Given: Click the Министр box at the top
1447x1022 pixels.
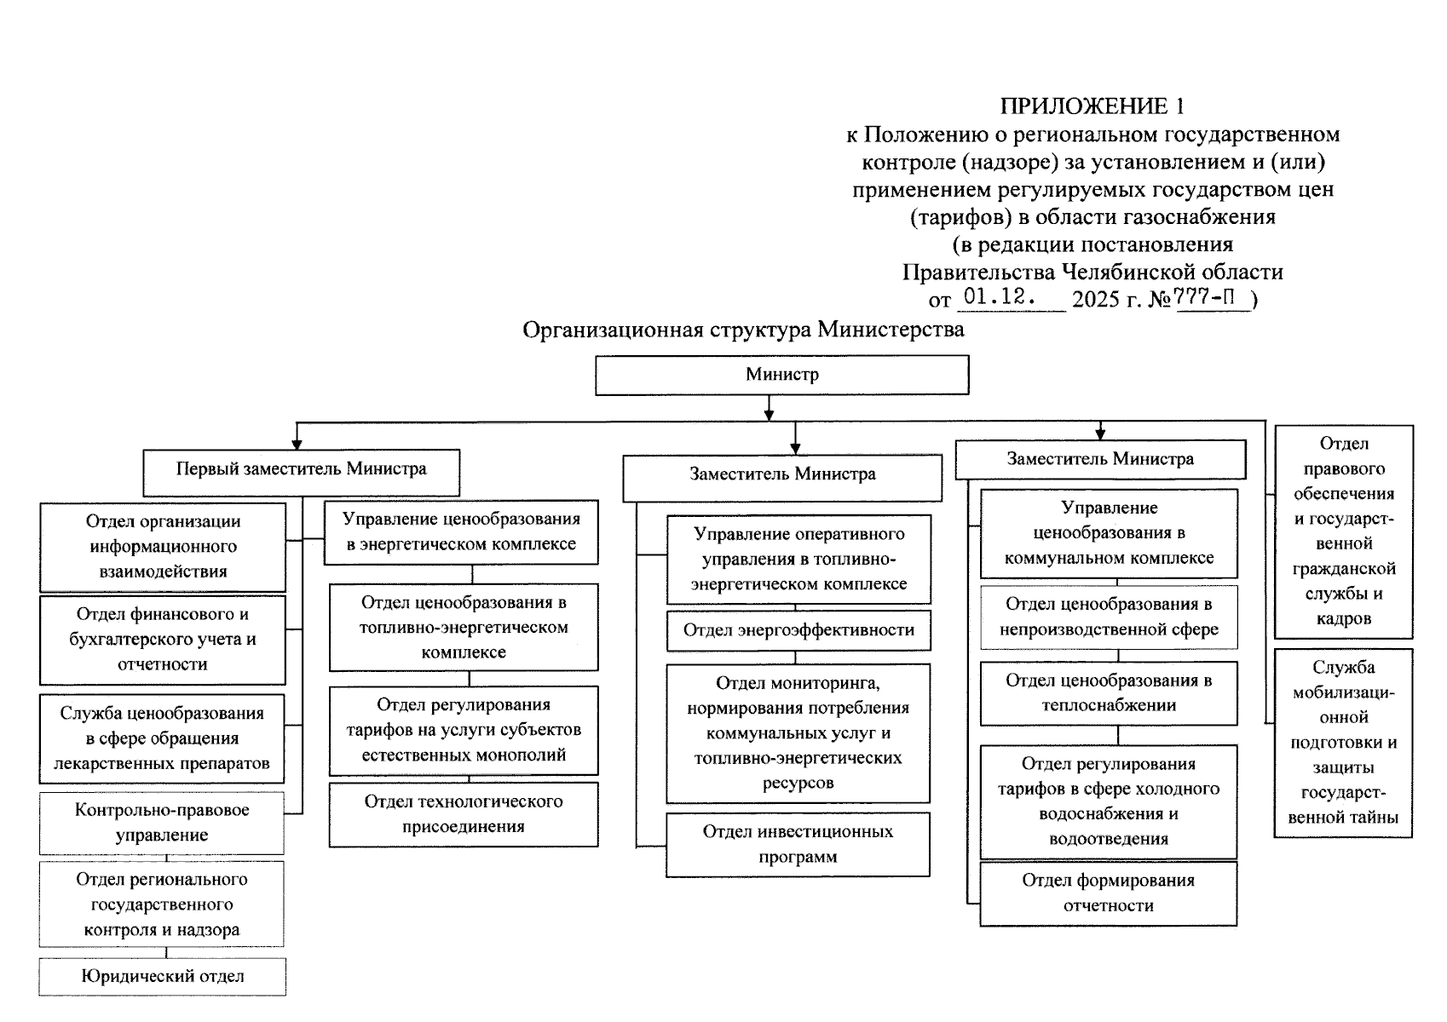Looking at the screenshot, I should [x=781, y=375].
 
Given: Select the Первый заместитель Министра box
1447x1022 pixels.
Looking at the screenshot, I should [x=301, y=471].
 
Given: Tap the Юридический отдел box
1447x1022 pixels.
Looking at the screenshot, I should [x=162, y=977].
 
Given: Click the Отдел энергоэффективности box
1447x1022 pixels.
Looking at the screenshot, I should [x=798, y=631].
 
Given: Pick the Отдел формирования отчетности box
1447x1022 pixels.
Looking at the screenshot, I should [x=1108, y=893].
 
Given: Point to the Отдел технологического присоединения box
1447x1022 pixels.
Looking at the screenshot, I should [x=464, y=814].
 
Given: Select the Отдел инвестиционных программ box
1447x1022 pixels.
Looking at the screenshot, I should [x=798, y=845].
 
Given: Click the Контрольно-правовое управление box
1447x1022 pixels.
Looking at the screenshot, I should [x=162, y=823].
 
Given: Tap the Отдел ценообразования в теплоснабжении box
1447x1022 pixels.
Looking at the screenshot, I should [x=1108, y=693].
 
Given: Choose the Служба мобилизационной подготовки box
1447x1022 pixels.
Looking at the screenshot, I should [x=1343, y=743].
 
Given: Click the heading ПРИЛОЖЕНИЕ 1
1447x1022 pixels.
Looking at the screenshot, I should [x=1092, y=106].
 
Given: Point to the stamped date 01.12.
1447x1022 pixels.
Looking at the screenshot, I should [x=999, y=298].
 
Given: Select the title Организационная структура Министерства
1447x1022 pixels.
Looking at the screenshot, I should [x=743, y=330].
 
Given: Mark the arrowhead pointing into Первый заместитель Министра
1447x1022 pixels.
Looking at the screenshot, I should [x=297, y=443].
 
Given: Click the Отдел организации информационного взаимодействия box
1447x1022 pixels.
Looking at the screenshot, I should [x=162, y=547].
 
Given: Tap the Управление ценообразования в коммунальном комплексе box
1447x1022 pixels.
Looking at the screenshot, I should [x=1108, y=533].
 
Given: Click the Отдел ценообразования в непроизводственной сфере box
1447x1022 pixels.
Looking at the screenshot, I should [x=1108, y=617].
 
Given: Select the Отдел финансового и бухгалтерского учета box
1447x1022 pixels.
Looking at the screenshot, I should [x=162, y=640].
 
